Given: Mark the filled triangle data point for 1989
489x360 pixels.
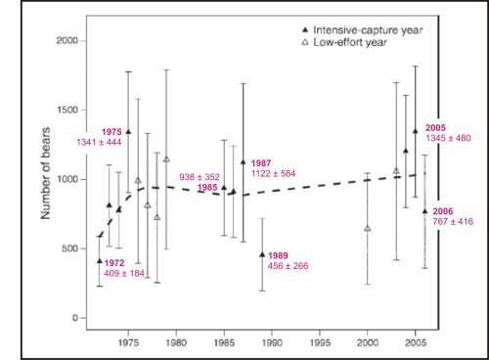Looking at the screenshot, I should (x=262, y=254).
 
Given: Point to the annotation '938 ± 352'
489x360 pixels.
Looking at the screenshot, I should (x=200, y=177).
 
